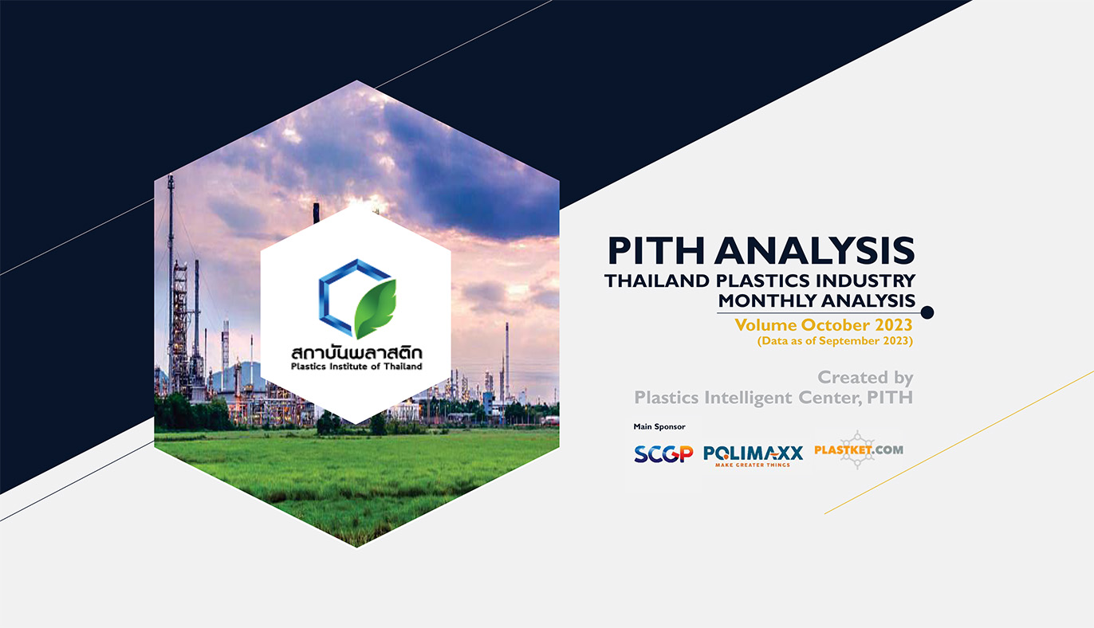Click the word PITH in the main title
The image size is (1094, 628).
point(656,251)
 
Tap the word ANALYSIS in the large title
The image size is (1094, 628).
point(815,251)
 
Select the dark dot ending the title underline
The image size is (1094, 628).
point(927,312)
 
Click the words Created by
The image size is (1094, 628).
point(865,378)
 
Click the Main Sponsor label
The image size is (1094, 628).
point(659,427)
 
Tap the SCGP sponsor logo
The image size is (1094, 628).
point(663,453)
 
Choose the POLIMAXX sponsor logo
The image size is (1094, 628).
point(753,456)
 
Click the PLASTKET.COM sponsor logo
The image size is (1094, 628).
point(859,450)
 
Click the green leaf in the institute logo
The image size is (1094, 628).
point(375,308)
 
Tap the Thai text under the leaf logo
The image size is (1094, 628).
point(356,353)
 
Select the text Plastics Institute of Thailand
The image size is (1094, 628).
point(356,367)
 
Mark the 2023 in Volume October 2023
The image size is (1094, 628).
point(893,325)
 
